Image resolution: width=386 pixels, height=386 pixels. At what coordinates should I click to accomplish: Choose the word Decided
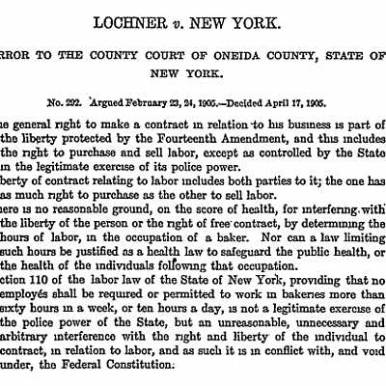[259, 99]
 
